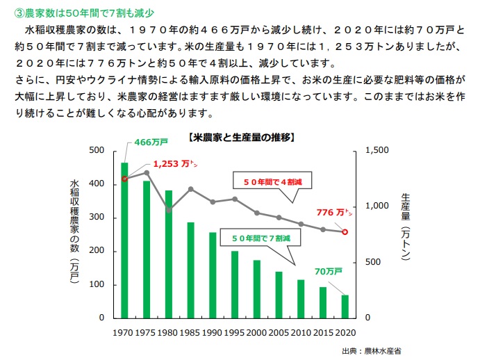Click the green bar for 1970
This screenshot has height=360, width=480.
124,240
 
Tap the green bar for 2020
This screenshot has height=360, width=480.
345,306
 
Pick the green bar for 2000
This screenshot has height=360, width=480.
256,288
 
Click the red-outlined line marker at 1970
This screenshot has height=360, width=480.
124,179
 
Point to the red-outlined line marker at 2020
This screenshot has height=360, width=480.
345,231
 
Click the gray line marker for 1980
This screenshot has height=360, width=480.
169,210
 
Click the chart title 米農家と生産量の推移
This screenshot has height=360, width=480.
242,137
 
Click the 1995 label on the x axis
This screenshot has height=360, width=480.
235,332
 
